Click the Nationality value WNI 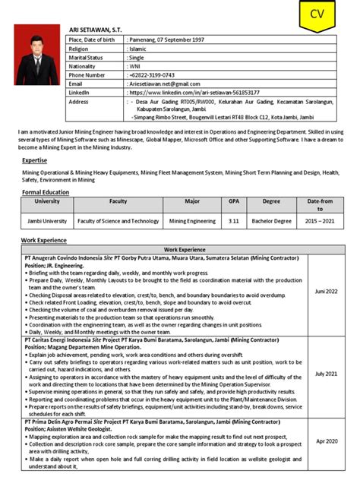(x=135, y=66)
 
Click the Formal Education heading (x=46, y=193)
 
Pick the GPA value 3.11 (x=233, y=221)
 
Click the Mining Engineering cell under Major (x=191, y=221)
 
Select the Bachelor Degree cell (x=271, y=221)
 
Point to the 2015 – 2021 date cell (x=320, y=221)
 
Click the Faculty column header (x=118, y=202)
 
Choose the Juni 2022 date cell (x=326, y=291)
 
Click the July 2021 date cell (x=326, y=374)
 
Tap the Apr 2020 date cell (x=326, y=441)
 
